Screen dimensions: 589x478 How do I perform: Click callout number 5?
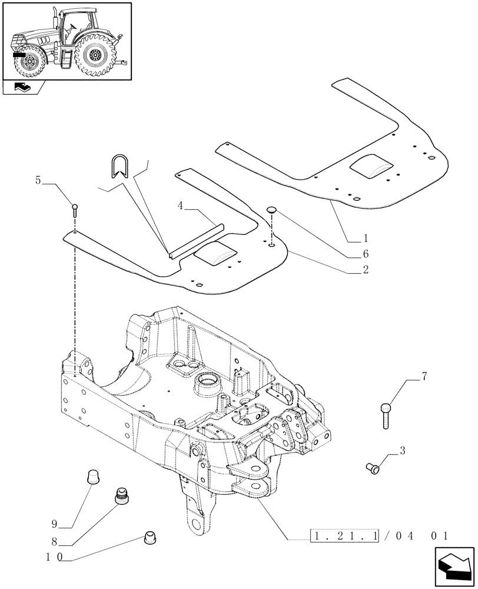click(38, 181)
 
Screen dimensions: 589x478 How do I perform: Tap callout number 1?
click(366, 239)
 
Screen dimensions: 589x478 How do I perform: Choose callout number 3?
click(402, 451)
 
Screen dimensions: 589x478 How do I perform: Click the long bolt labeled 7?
click(385, 415)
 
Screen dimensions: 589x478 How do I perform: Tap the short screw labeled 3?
click(371, 468)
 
